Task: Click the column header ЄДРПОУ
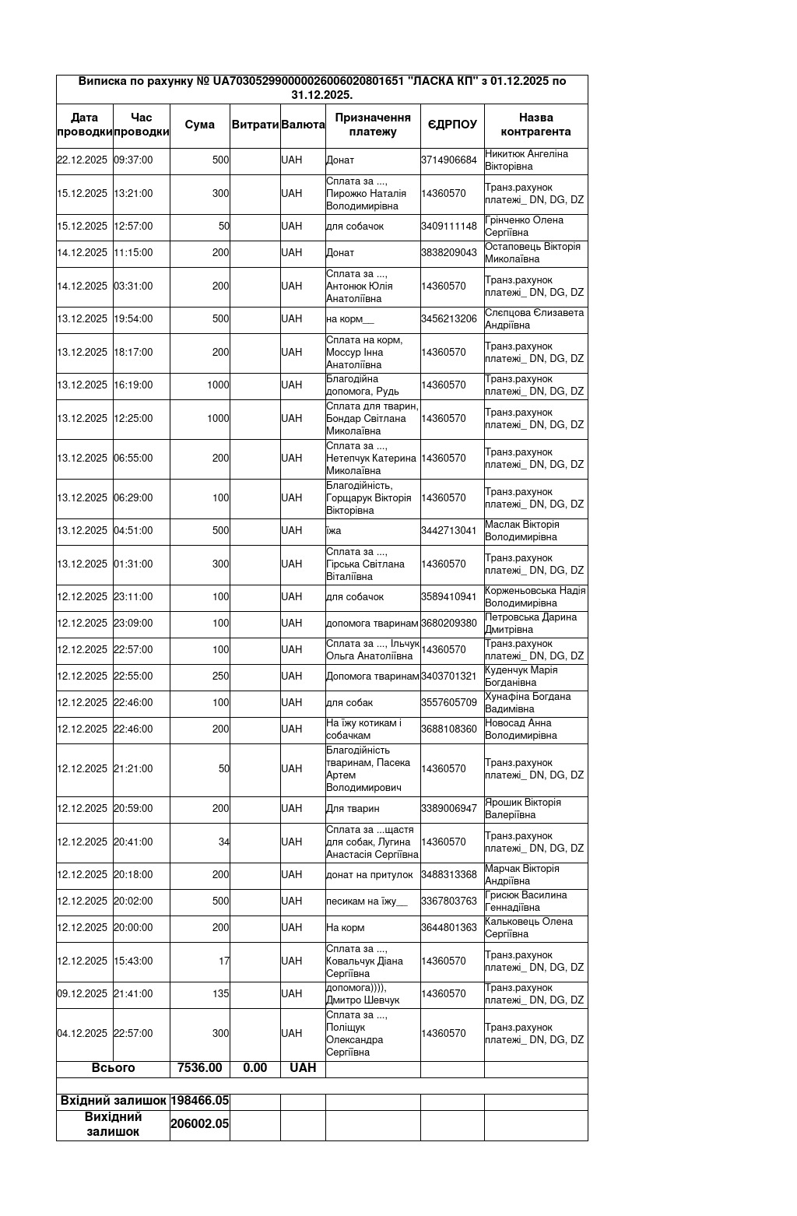(x=452, y=125)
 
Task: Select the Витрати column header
(x=255, y=125)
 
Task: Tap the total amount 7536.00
(x=200, y=1068)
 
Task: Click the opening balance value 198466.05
(x=200, y=1101)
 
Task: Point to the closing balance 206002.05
(x=200, y=1124)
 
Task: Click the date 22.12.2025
(x=83, y=160)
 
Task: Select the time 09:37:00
(x=133, y=160)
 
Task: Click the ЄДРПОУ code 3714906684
(x=449, y=160)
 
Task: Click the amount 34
(x=224, y=842)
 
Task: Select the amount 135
(x=221, y=994)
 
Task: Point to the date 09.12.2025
(x=83, y=994)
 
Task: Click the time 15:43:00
(x=133, y=961)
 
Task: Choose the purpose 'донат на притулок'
(x=370, y=875)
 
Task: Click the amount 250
(x=221, y=677)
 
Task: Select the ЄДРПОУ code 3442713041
(x=449, y=531)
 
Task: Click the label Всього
(x=114, y=1068)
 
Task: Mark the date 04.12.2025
(x=83, y=1034)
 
